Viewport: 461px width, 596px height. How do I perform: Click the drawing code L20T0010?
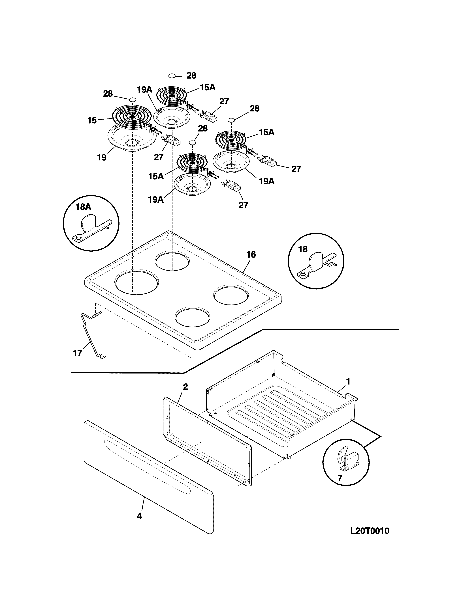tap(370, 531)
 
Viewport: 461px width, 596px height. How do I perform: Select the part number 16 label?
tap(251, 255)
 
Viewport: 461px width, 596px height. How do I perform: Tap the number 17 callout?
tap(78, 353)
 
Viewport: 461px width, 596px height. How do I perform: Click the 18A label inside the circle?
tap(83, 207)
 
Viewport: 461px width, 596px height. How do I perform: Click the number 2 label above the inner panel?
tap(185, 387)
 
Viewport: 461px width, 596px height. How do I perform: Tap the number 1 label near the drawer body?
tap(348, 381)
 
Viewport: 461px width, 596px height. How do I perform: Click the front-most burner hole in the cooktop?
tap(193, 318)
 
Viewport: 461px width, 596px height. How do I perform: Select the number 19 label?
tap(102, 157)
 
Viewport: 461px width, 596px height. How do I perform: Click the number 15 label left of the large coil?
tap(92, 120)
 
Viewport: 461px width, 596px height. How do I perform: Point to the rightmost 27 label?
tap(296, 169)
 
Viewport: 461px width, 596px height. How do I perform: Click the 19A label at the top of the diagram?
tap(144, 90)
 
